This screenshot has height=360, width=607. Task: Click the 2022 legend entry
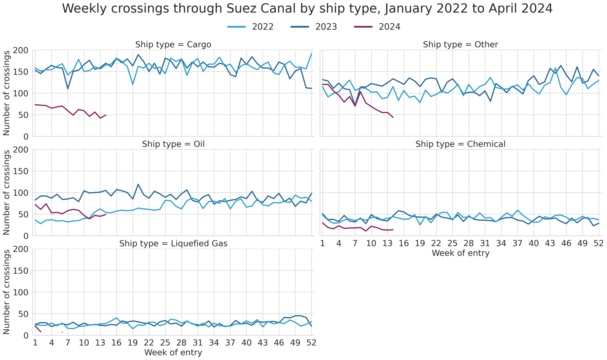[262, 27]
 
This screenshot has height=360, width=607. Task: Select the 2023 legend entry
[326, 27]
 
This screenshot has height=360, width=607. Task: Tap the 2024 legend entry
[389, 27]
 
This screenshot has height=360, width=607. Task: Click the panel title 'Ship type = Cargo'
[173, 44]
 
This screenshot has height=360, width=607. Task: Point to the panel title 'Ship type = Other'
[460, 44]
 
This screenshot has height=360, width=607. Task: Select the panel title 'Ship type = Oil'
[173, 144]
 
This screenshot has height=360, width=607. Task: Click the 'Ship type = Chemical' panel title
[460, 144]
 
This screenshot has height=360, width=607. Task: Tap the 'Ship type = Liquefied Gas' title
[173, 243]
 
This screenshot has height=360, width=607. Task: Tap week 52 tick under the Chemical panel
[598, 243]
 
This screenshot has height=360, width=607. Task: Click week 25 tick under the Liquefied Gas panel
[165, 343]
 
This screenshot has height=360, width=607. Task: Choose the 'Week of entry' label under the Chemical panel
[460, 253]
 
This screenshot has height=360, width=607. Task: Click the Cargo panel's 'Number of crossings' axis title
[7, 93]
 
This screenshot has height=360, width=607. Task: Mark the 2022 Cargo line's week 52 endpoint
[312, 54]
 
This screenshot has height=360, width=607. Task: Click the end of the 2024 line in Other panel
[393, 117]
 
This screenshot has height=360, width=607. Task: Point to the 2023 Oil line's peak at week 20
[138, 184]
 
